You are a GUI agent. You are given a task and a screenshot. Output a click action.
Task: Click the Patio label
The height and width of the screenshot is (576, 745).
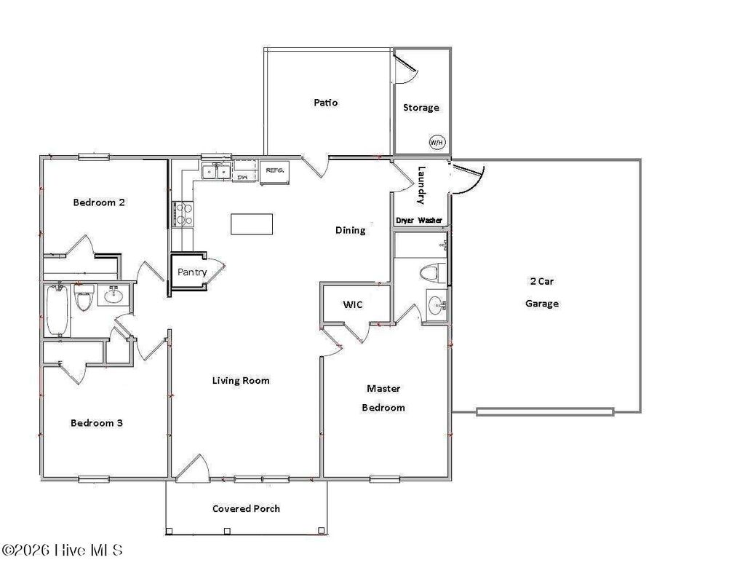point(325,103)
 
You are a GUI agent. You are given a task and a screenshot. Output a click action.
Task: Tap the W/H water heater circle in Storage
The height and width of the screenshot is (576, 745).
point(436,142)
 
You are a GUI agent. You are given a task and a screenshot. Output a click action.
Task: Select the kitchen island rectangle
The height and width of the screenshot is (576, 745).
point(252,224)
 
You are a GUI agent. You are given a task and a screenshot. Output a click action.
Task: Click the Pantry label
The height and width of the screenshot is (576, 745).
point(192,272)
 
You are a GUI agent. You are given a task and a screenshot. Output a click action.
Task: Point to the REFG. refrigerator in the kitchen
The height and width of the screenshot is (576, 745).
point(274,171)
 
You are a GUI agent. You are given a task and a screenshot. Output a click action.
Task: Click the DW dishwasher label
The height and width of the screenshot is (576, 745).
point(244,176)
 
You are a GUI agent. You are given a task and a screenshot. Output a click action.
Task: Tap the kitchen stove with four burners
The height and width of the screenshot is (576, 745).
point(183,213)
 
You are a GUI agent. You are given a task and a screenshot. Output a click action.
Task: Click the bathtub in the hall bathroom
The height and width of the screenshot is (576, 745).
point(57,310)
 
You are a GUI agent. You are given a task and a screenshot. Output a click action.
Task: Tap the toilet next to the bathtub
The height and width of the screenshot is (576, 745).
point(84,299)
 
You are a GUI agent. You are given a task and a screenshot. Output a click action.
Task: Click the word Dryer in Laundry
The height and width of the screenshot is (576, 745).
point(405,220)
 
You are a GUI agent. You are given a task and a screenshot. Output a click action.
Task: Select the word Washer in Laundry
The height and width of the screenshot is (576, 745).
point(430,220)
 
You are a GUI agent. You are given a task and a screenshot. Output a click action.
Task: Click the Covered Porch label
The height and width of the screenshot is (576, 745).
point(246,508)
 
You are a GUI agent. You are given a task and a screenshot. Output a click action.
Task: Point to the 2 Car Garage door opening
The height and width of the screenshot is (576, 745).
point(545,411)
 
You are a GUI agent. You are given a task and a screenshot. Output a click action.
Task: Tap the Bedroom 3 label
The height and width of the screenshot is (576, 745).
point(96,422)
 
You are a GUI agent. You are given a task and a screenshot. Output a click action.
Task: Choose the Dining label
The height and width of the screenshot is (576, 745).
point(350,230)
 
